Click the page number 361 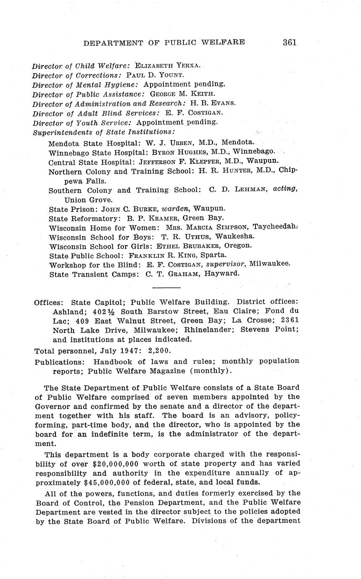pyautogui.click(x=290, y=42)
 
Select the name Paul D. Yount pyautogui.click(x=155, y=75)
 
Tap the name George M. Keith pyautogui.click(x=182, y=94)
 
